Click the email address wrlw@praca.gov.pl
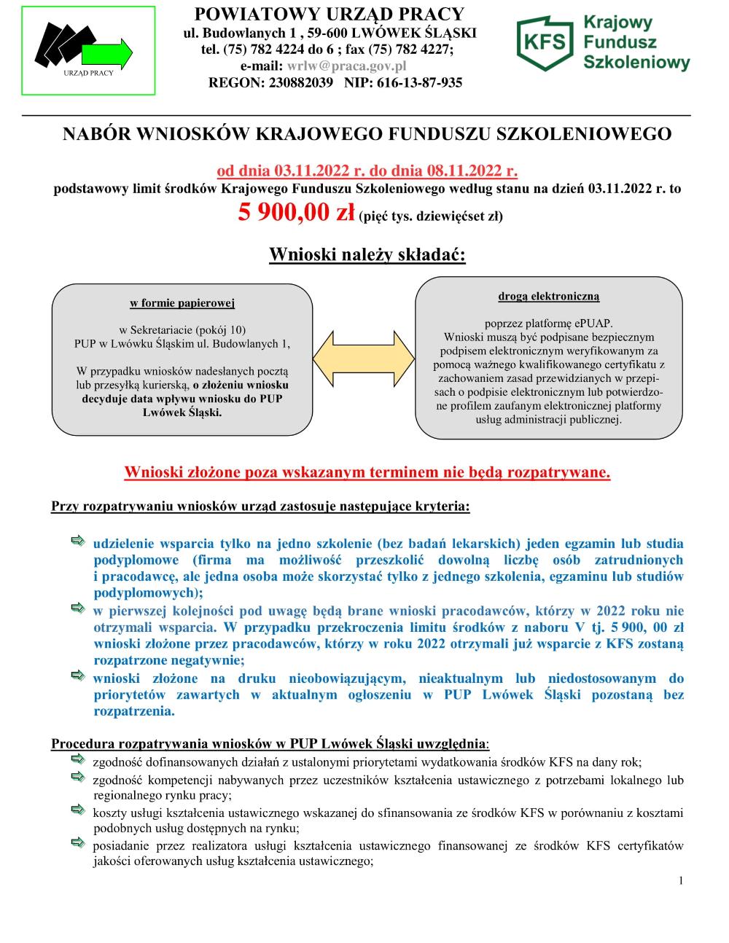point(347,66)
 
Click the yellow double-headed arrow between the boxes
point(364,361)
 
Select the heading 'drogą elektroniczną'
point(549,296)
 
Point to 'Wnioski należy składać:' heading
point(367,255)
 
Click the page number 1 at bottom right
point(681,880)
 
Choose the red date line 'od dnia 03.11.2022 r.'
point(292,172)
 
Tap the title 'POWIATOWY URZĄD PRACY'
point(330,14)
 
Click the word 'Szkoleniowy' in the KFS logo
point(636,63)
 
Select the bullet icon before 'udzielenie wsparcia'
point(78,541)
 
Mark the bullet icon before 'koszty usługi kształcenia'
point(78,810)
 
